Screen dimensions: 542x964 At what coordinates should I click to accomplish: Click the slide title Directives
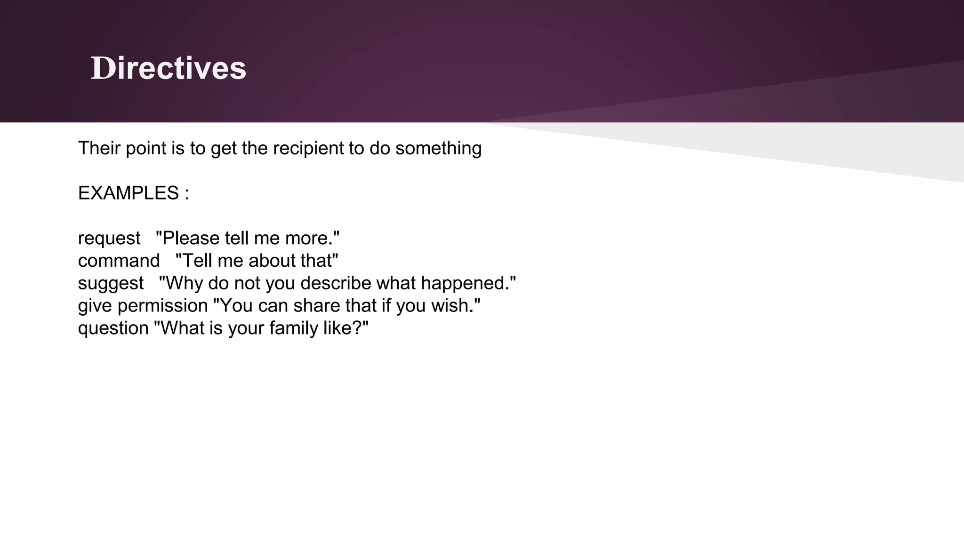pyautogui.click(x=168, y=68)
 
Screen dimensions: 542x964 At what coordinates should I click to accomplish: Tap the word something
pyautogui.click(x=438, y=149)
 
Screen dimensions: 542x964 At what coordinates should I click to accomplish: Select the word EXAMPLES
pyautogui.click(x=129, y=193)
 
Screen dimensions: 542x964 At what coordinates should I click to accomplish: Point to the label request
pyautogui.click(x=109, y=239)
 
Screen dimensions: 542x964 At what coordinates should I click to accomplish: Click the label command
pyautogui.click(x=119, y=261)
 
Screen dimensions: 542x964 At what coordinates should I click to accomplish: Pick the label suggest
pyautogui.click(x=111, y=284)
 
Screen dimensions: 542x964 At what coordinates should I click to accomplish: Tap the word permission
pyautogui.click(x=162, y=306)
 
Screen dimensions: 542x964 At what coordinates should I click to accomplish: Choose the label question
pyautogui.click(x=113, y=328)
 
